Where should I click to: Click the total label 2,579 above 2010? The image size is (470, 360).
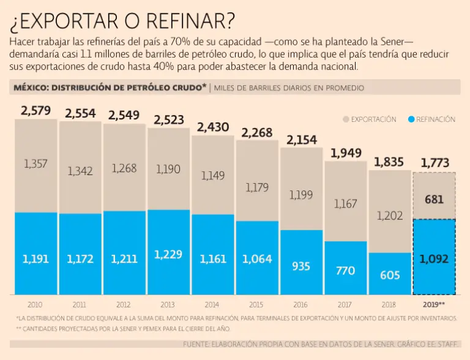35,111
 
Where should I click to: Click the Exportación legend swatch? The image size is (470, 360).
346,119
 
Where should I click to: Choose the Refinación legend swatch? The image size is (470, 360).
412,119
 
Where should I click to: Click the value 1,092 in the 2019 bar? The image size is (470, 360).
434,259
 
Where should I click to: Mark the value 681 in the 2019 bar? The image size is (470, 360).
434,199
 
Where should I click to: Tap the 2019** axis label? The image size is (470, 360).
434,304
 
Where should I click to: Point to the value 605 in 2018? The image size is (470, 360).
390,275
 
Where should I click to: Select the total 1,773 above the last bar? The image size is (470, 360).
434,163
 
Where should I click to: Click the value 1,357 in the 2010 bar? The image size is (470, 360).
35,163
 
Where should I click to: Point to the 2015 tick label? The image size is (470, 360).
257,304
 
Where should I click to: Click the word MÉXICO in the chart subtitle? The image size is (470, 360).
30,88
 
